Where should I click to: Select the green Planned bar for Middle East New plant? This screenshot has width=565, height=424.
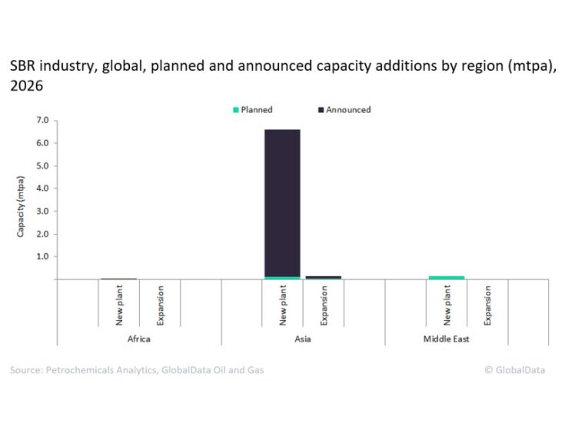click(x=447, y=277)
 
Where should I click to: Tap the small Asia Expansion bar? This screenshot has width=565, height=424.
click(x=323, y=277)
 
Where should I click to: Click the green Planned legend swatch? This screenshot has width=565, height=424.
click(x=235, y=110)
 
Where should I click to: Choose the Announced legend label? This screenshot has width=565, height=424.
click(x=348, y=110)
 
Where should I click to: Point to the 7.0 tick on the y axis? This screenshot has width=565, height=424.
click(x=42, y=121)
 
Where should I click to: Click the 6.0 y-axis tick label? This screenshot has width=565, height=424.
click(x=42, y=143)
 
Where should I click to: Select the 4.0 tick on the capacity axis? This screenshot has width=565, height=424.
click(x=42, y=189)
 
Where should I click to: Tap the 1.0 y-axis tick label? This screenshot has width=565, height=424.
click(x=42, y=256)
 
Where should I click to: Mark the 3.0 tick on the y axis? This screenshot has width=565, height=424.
click(x=42, y=211)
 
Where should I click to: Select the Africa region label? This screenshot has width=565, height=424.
click(x=139, y=339)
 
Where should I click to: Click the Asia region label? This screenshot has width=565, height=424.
click(x=303, y=339)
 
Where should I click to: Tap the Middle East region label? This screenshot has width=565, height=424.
click(x=467, y=339)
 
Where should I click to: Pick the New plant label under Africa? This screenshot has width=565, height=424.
click(x=119, y=305)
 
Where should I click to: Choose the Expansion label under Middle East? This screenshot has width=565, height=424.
click(x=488, y=305)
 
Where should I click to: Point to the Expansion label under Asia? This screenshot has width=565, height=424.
click(x=324, y=305)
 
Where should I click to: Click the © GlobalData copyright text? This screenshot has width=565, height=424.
click(x=515, y=370)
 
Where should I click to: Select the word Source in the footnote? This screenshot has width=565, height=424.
click(x=26, y=370)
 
